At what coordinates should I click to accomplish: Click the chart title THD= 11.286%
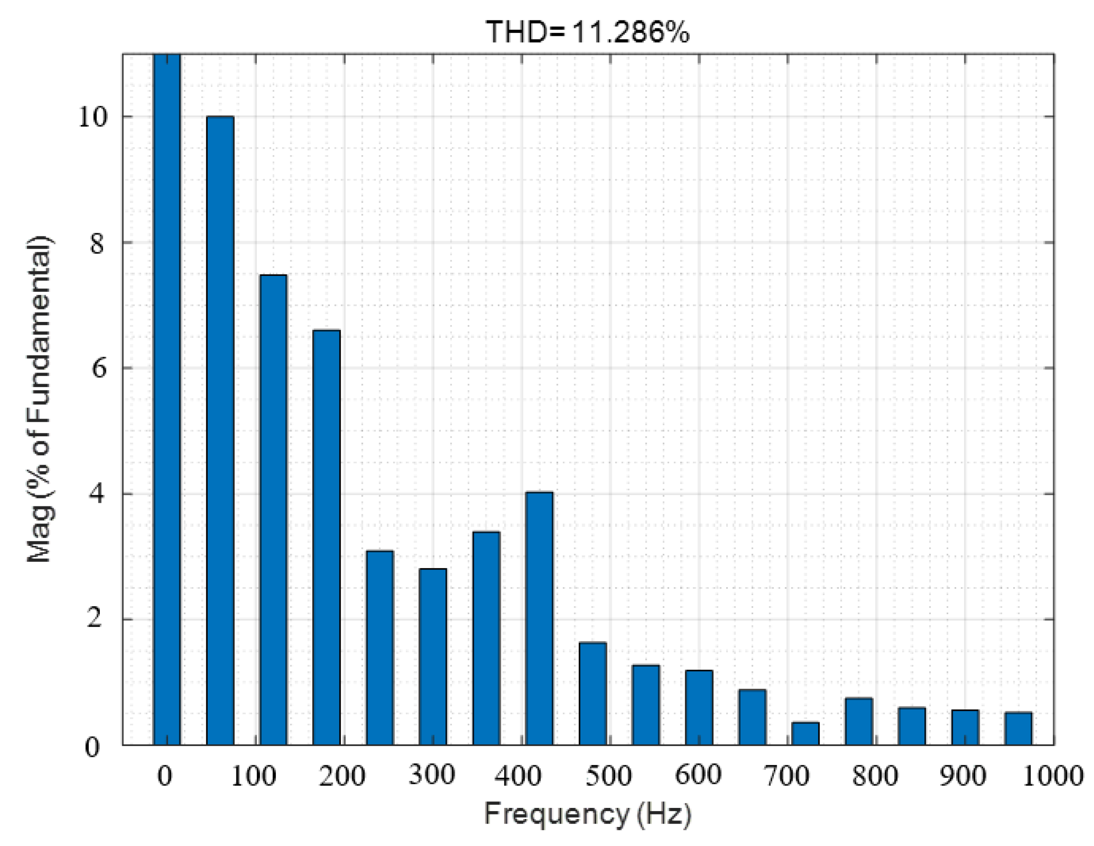click(587, 32)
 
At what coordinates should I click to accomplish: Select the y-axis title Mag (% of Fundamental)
click(40, 399)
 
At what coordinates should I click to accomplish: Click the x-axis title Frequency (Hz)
click(587, 814)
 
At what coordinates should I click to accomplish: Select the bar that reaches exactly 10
click(220, 431)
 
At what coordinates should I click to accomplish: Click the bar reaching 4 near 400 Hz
click(539, 619)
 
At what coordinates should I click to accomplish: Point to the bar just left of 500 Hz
click(593, 694)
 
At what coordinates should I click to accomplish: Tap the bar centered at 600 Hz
click(699, 708)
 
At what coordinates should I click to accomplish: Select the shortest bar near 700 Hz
click(806, 734)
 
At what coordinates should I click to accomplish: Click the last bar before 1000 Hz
click(1018, 729)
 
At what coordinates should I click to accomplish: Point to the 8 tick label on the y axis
click(97, 244)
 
